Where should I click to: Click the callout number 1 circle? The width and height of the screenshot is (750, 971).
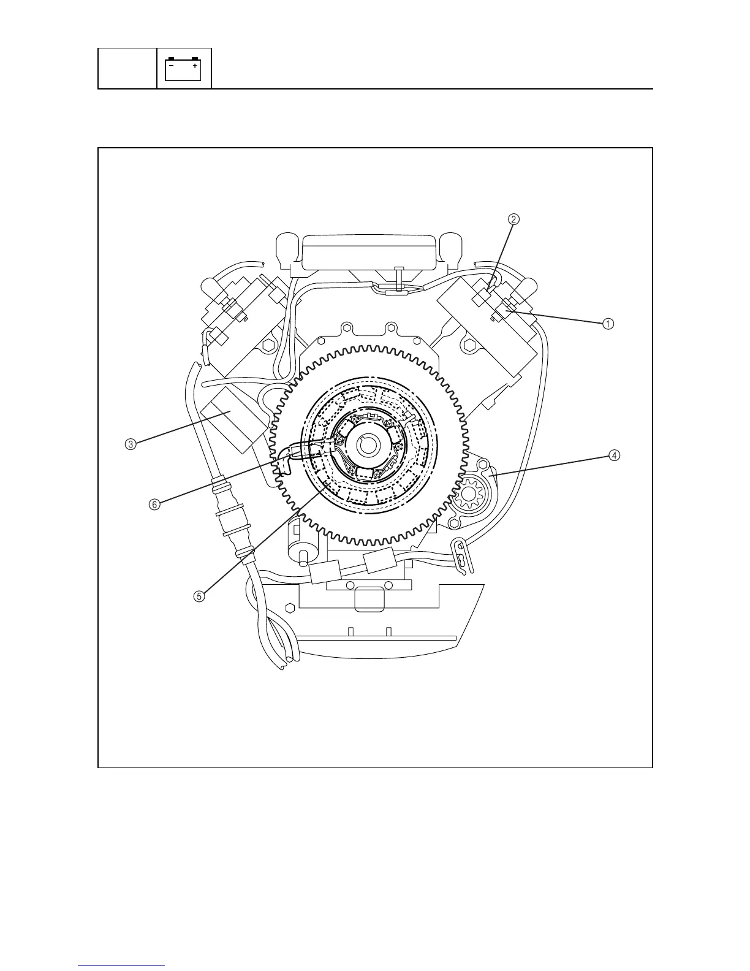608,324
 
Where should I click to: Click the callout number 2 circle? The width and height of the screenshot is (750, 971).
513,219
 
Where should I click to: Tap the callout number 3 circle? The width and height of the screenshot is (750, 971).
131,444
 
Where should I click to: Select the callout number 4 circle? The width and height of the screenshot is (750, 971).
615,455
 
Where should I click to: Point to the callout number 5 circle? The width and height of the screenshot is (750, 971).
199,596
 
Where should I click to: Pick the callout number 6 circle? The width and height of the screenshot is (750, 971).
154,505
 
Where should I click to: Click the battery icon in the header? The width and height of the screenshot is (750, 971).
183,69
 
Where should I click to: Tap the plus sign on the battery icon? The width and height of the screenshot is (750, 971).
195,66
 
